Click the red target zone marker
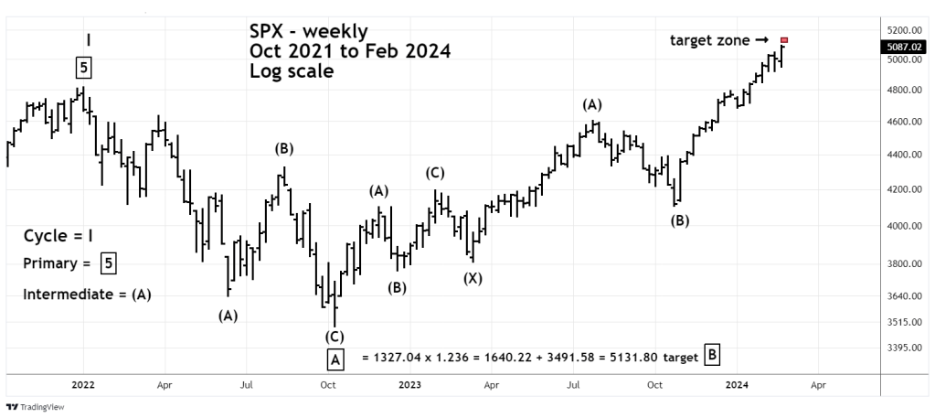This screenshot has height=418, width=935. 784,40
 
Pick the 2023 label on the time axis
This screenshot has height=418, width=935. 410,385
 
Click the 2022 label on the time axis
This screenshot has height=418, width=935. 83,385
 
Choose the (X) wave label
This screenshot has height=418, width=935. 472,278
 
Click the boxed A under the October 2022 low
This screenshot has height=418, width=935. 335,359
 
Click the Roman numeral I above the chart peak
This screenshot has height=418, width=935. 88,39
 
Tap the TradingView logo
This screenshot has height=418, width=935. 28,408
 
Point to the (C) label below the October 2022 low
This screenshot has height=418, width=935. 335,337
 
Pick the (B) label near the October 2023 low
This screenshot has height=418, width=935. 680,220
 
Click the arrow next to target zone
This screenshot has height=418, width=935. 761,40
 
